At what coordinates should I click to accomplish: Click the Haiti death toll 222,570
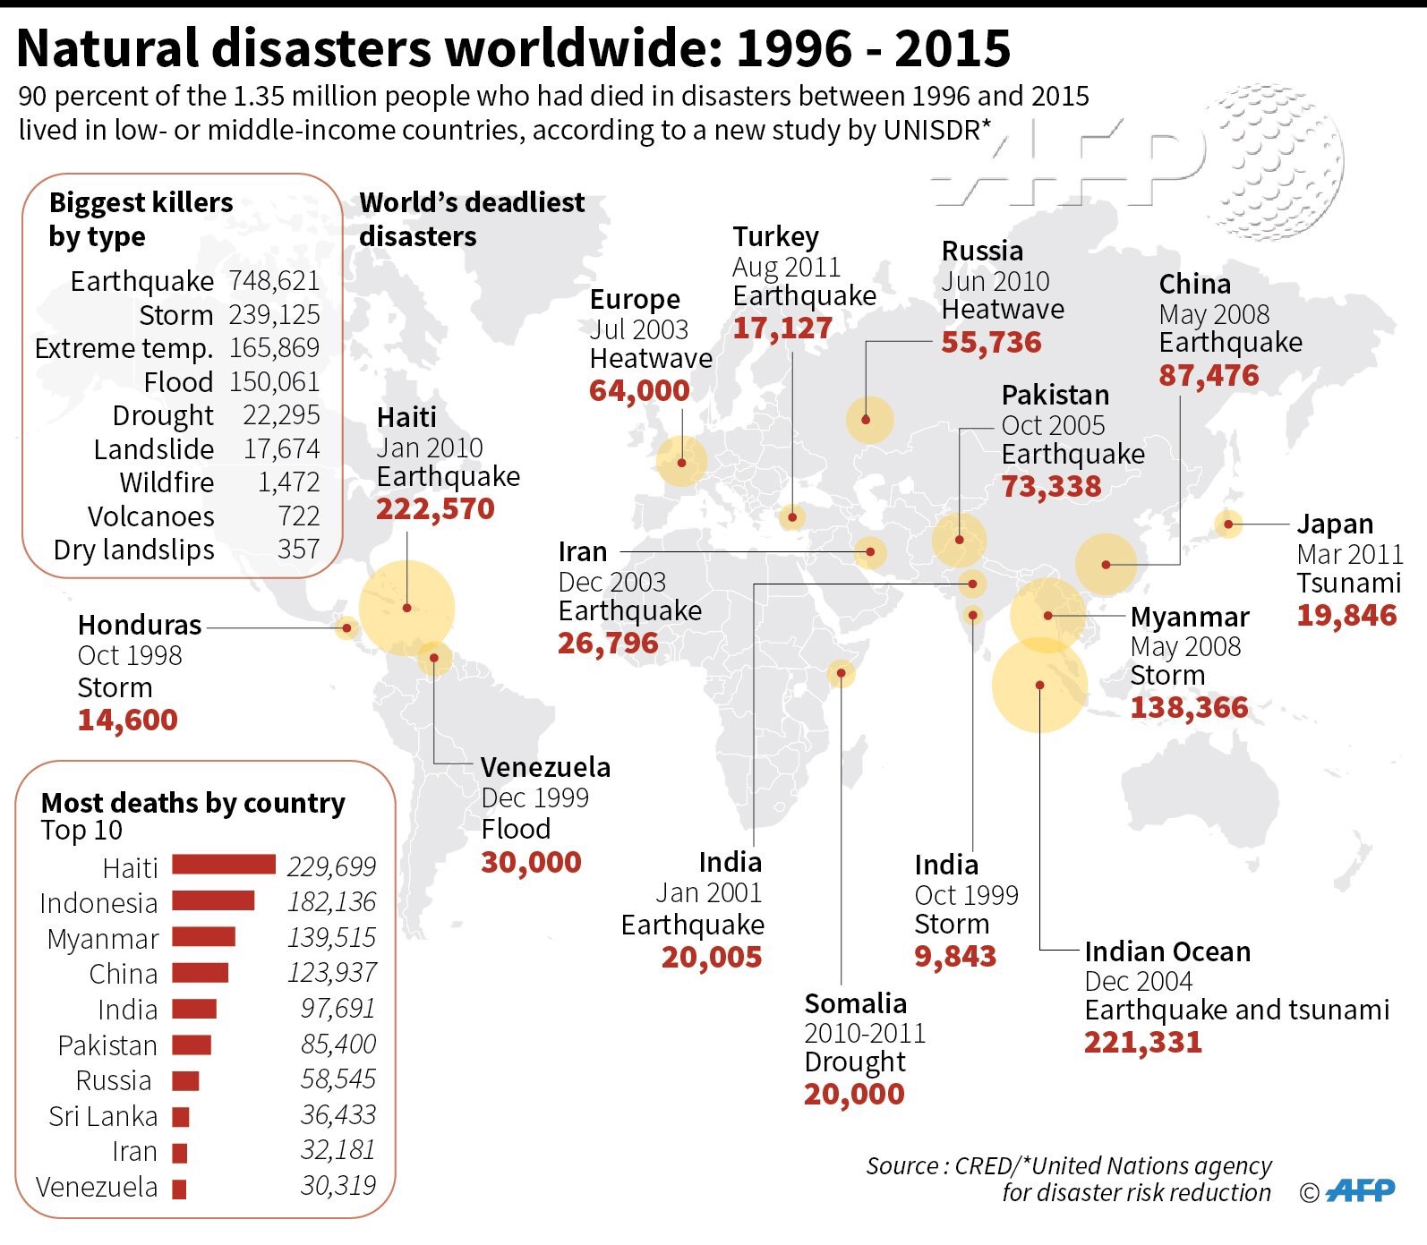pyautogui.click(x=435, y=508)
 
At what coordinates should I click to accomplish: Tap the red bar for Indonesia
pyautogui.click(x=213, y=900)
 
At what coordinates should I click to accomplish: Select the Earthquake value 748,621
pyautogui.click(x=274, y=280)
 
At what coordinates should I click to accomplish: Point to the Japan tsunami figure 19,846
pyautogui.click(x=1346, y=615)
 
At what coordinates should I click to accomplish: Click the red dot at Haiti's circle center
pyautogui.click(x=406, y=608)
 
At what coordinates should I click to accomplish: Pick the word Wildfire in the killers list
pyautogui.click(x=167, y=482)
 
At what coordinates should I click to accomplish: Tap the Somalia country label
pyautogui.click(x=855, y=1003)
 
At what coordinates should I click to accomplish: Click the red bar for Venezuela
pyautogui.click(x=179, y=1189)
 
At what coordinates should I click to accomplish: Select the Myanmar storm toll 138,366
pyautogui.click(x=1189, y=707)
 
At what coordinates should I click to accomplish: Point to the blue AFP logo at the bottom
pyautogui.click(x=1360, y=1190)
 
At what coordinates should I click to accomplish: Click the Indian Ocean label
pyautogui.click(x=1167, y=951)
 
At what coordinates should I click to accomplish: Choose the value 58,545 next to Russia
pyautogui.click(x=338, y=1079)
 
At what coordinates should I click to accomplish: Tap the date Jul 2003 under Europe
pyautogui.click(x=638, y=329)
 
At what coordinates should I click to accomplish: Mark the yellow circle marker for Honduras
pyautogui.click(x=346, y=627)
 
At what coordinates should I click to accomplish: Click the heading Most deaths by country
pyautogui.click(x=193, y=803)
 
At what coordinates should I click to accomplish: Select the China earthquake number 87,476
pyautogui.click(x=1209, y=375)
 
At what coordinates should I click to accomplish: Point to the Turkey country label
pyautogui.click(x=775, y=237)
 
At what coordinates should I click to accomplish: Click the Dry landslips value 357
pyautogui.click(x=298, y=549)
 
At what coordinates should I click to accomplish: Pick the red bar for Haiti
pyautogui.click(x=224, y=865)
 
